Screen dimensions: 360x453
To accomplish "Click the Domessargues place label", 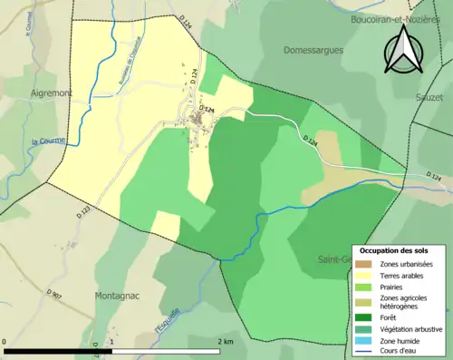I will pyautogui.click(x=313, y=50).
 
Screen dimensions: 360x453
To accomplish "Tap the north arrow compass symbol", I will pyautogui.click(x=403, y=52).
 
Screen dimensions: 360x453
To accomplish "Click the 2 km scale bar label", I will pyautogui.click(x=226, y=341).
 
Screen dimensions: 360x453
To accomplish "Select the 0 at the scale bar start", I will pyautogui.click(x=6, y=341).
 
